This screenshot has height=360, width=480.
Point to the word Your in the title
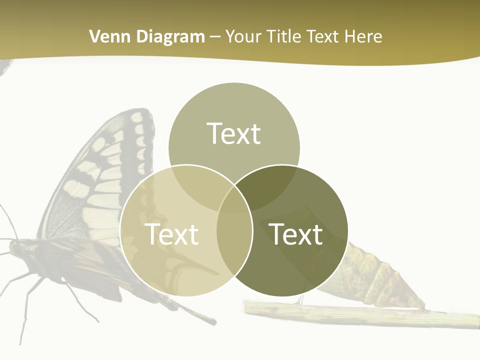coord(244,36)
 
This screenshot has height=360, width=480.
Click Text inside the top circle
coord(234,133)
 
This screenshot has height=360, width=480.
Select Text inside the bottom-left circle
coord(171,234)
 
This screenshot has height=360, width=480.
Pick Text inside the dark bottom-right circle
coord(296,234)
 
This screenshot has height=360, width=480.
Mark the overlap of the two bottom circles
coord(234,235)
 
